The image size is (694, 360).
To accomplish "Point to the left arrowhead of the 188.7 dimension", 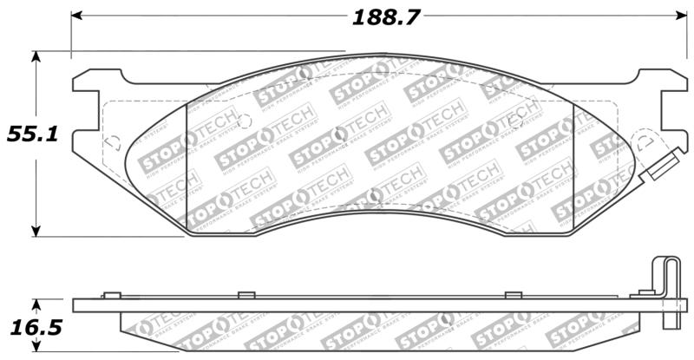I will [76, 16].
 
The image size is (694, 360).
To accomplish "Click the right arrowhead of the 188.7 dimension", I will [680, 16].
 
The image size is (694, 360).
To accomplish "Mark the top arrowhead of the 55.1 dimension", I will [36, 56].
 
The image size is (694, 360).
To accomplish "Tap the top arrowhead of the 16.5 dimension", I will [36, 304].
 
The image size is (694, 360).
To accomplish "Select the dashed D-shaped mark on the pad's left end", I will [111, 143].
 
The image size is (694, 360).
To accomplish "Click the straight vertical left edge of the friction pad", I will [187, 165].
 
